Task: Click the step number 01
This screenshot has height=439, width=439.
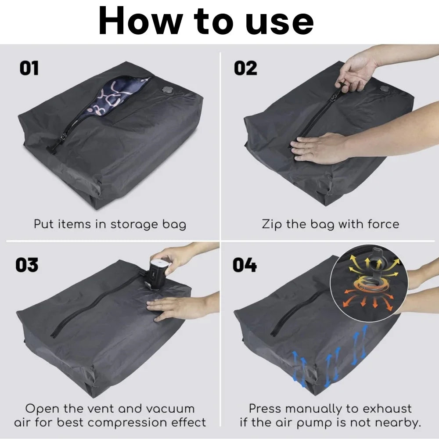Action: point(29,68)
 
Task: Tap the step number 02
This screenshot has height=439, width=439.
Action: point(245,68)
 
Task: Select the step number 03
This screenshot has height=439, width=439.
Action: point(27,265)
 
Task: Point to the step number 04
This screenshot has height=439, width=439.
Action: point(245,265)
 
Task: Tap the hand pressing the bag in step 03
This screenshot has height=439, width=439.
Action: point(176,307)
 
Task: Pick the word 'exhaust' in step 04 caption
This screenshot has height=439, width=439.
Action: point(386,408)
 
